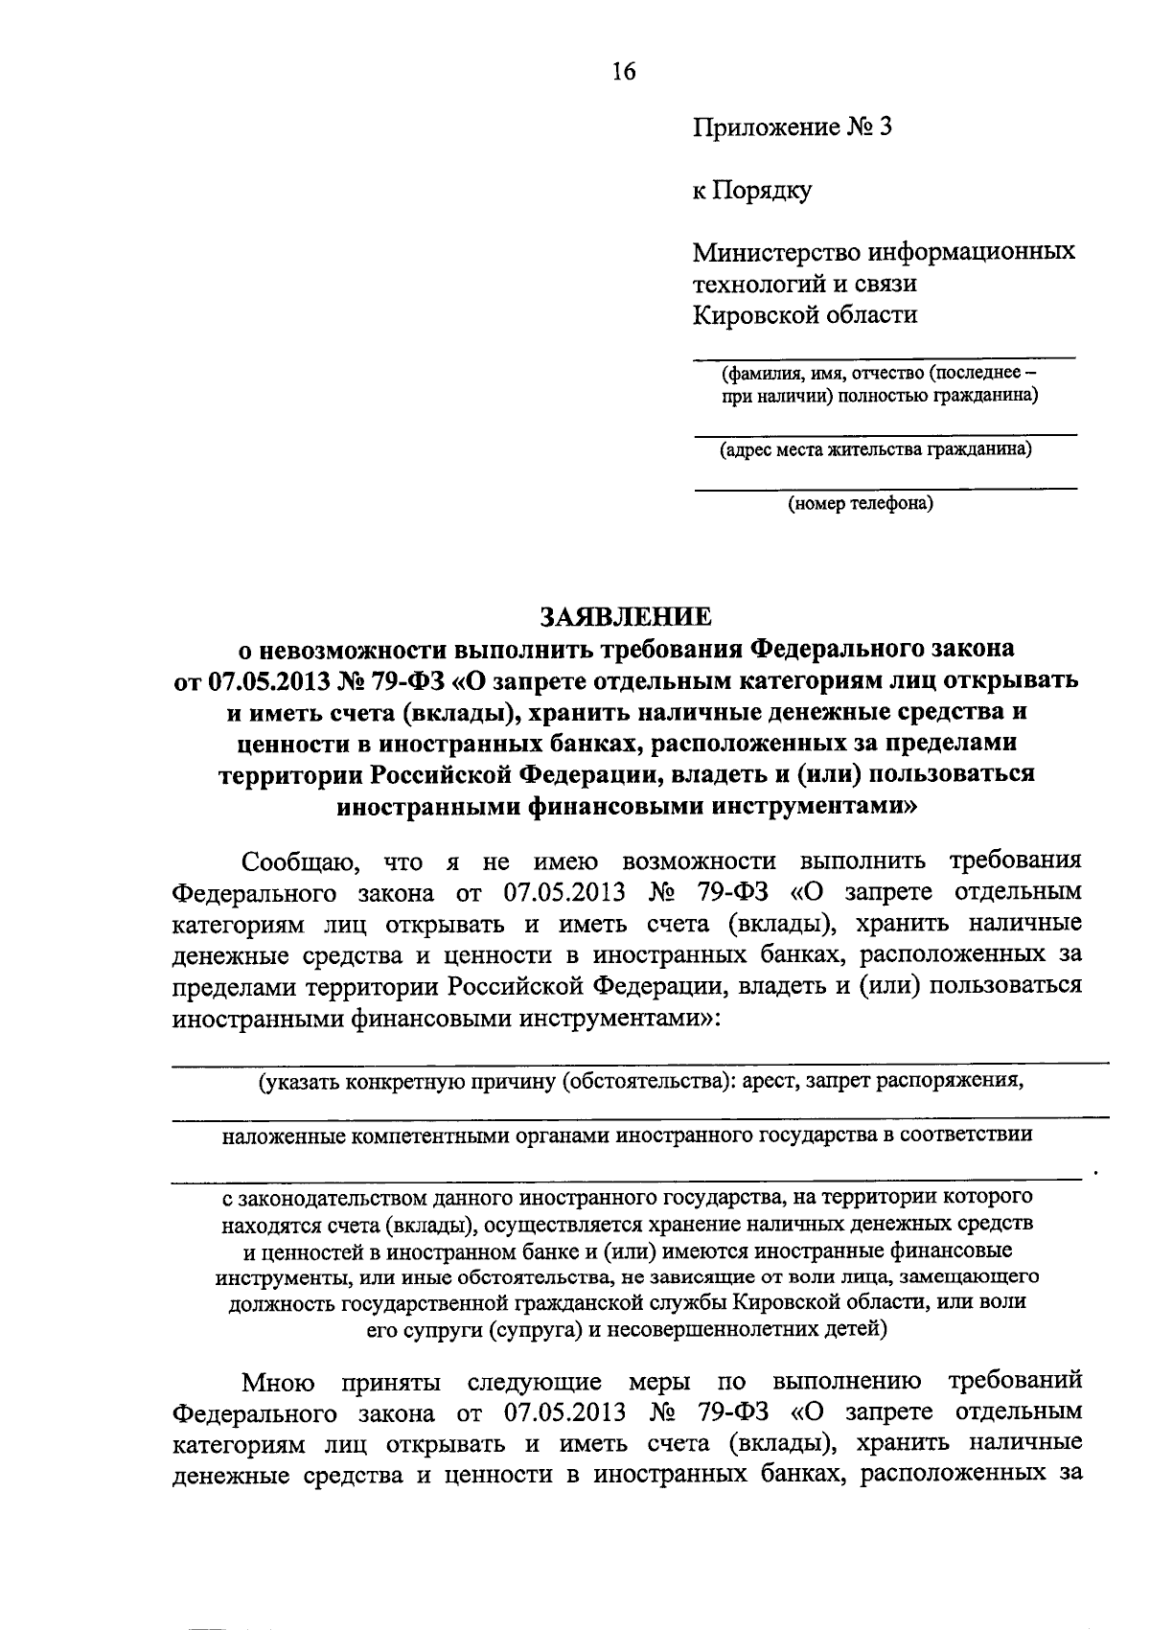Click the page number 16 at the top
coord(623,71)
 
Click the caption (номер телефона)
coord(860,503)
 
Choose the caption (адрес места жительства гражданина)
coord(876,449)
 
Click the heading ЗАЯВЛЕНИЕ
coord(625,614)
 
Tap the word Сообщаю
coord(300,861)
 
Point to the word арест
coord(770,1081)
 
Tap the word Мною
coord(279,1382)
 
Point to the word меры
coord(660,1382)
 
